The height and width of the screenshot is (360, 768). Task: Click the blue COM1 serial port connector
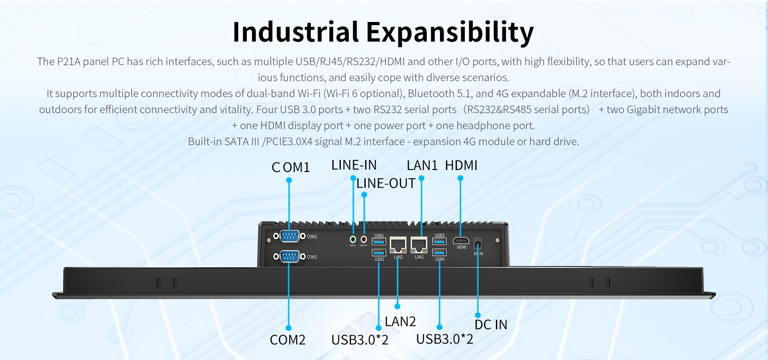(290, 236)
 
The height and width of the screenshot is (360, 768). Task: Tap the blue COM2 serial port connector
(290, 256)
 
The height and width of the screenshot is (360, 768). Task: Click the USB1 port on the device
(379, 242)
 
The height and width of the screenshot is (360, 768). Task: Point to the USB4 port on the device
(439, 252)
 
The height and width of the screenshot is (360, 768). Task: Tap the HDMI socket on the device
(461, 241)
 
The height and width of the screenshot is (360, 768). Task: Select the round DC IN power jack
(478, 244)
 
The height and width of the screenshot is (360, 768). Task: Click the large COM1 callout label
(291, 167)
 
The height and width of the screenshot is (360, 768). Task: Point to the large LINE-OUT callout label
(386, 184)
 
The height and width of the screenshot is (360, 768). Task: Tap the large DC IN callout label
(491, 324)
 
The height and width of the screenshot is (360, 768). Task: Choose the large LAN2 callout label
(400, 322)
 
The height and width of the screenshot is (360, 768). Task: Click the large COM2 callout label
(288, 340)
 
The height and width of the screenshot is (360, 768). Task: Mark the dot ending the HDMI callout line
(460, 178)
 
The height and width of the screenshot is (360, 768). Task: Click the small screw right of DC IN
(498, 240)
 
